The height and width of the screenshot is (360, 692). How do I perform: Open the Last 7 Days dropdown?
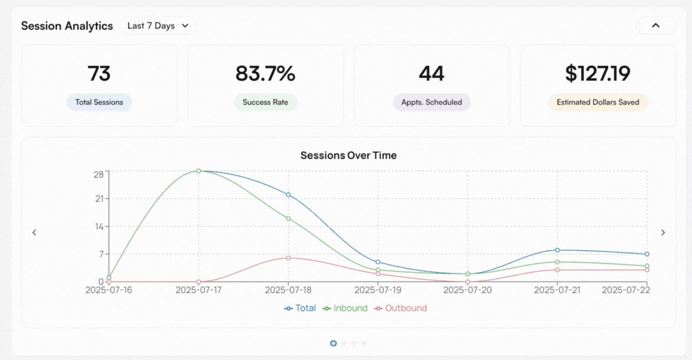point(158,26)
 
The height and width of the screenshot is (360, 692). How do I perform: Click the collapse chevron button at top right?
point(655,25)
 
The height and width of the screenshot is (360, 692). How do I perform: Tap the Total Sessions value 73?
point(99,74)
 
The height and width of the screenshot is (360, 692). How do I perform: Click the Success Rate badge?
point(265,102)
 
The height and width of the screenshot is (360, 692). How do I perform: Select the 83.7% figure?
point(265,74)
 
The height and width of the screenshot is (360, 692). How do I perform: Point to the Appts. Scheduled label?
point(432,102)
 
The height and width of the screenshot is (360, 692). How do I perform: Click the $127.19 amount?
point(598,74)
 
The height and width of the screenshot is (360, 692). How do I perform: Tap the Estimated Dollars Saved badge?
point(598,102)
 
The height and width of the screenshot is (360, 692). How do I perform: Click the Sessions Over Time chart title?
point(349,156)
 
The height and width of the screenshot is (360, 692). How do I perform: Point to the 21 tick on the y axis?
point(99,199)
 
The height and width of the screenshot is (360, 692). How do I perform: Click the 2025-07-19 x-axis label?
point(378,290)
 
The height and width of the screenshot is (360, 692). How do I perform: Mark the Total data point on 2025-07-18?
point(288,195)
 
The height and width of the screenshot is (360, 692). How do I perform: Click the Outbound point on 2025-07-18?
point(288,258)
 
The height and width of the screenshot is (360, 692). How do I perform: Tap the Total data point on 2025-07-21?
point(557,250)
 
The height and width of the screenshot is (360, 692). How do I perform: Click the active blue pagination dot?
point(333,343)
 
